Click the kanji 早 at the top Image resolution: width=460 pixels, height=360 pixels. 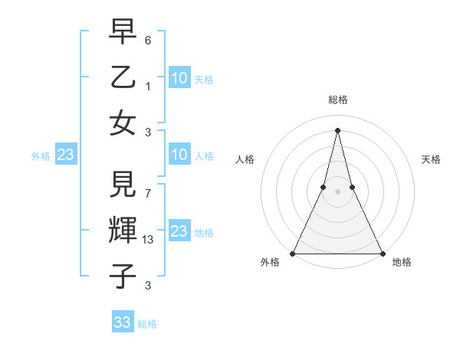123,33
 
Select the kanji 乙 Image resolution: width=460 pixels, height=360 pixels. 123,77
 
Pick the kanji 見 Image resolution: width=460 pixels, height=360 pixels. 123,186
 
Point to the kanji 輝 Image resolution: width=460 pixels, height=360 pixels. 123,231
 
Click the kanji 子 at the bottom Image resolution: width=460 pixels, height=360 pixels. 123,276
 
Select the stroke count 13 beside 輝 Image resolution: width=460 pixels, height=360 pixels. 149,241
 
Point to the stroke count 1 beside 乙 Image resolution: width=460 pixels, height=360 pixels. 149,86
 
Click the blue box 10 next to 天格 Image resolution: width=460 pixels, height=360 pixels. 179,77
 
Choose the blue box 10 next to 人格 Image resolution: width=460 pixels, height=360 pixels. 179,155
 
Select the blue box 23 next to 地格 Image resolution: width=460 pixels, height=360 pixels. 179,231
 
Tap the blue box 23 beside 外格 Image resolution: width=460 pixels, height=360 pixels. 65,155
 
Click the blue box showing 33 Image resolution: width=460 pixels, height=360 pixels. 123,322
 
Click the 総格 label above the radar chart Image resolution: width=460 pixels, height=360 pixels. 337,100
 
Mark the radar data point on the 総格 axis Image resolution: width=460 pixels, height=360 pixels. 337,129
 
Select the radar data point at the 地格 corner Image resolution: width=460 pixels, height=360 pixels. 382,253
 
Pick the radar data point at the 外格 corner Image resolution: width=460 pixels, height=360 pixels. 293,253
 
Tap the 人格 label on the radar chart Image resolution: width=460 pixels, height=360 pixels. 245,159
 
